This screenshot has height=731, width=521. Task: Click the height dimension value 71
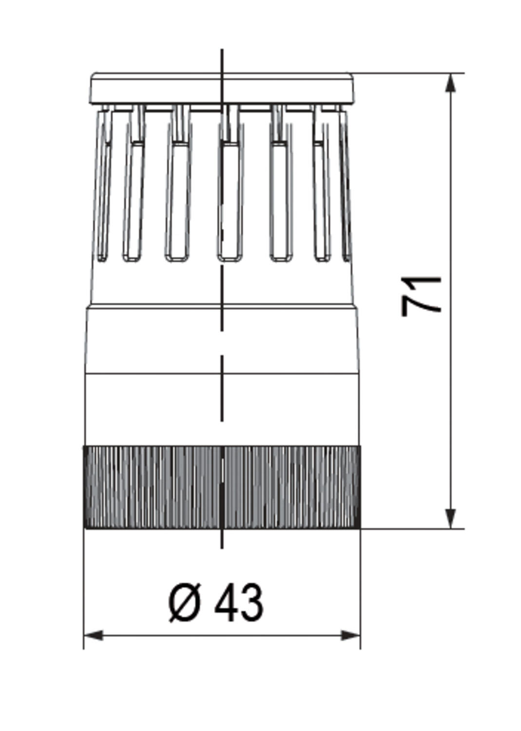point(421,296)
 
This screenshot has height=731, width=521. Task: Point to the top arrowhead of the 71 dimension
point(451,83)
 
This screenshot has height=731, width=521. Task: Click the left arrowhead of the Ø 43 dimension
point(94,635)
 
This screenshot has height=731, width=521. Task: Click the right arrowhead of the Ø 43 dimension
point(350,635)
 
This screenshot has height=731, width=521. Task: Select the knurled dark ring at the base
point(222,487)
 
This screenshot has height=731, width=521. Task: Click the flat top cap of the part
point(222,88)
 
